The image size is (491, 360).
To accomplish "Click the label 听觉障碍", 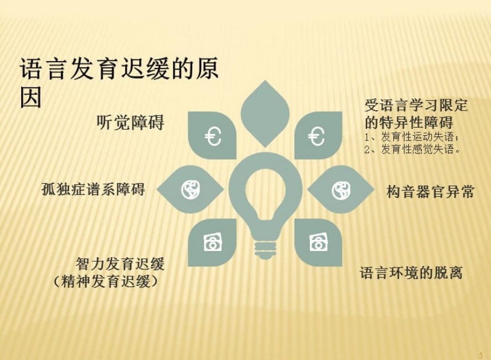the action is click(130, 123).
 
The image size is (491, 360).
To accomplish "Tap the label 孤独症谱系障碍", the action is click(93, 189).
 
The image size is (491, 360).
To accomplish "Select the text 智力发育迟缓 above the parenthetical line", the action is click(120, 264).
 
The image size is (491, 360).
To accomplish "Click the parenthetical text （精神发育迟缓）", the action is click(105, 281).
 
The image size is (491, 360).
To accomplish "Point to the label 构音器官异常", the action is click(430, 192).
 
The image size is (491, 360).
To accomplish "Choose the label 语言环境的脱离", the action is click(411, 272).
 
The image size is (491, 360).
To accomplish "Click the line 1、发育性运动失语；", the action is click(412, 137).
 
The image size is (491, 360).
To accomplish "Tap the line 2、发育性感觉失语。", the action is click(413, 149).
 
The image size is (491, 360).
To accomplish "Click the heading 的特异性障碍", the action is click(409, 122).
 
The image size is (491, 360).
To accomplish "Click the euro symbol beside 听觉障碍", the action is click(213, 136).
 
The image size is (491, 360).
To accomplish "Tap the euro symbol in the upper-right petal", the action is click(316, 136).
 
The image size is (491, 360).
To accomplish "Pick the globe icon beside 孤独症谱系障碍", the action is click(190, 189).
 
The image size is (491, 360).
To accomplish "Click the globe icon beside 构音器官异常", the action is click(341, 190).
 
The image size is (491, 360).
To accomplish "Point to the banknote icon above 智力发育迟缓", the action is click(212, 242).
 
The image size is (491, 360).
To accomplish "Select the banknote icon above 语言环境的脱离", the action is click(319, 242).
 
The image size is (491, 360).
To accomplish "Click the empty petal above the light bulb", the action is click(265, 114).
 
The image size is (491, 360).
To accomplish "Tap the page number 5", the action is click(481, 355).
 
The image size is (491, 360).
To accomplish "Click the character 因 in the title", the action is click(31, 97).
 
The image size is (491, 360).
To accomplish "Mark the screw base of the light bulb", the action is click(265, 250).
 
